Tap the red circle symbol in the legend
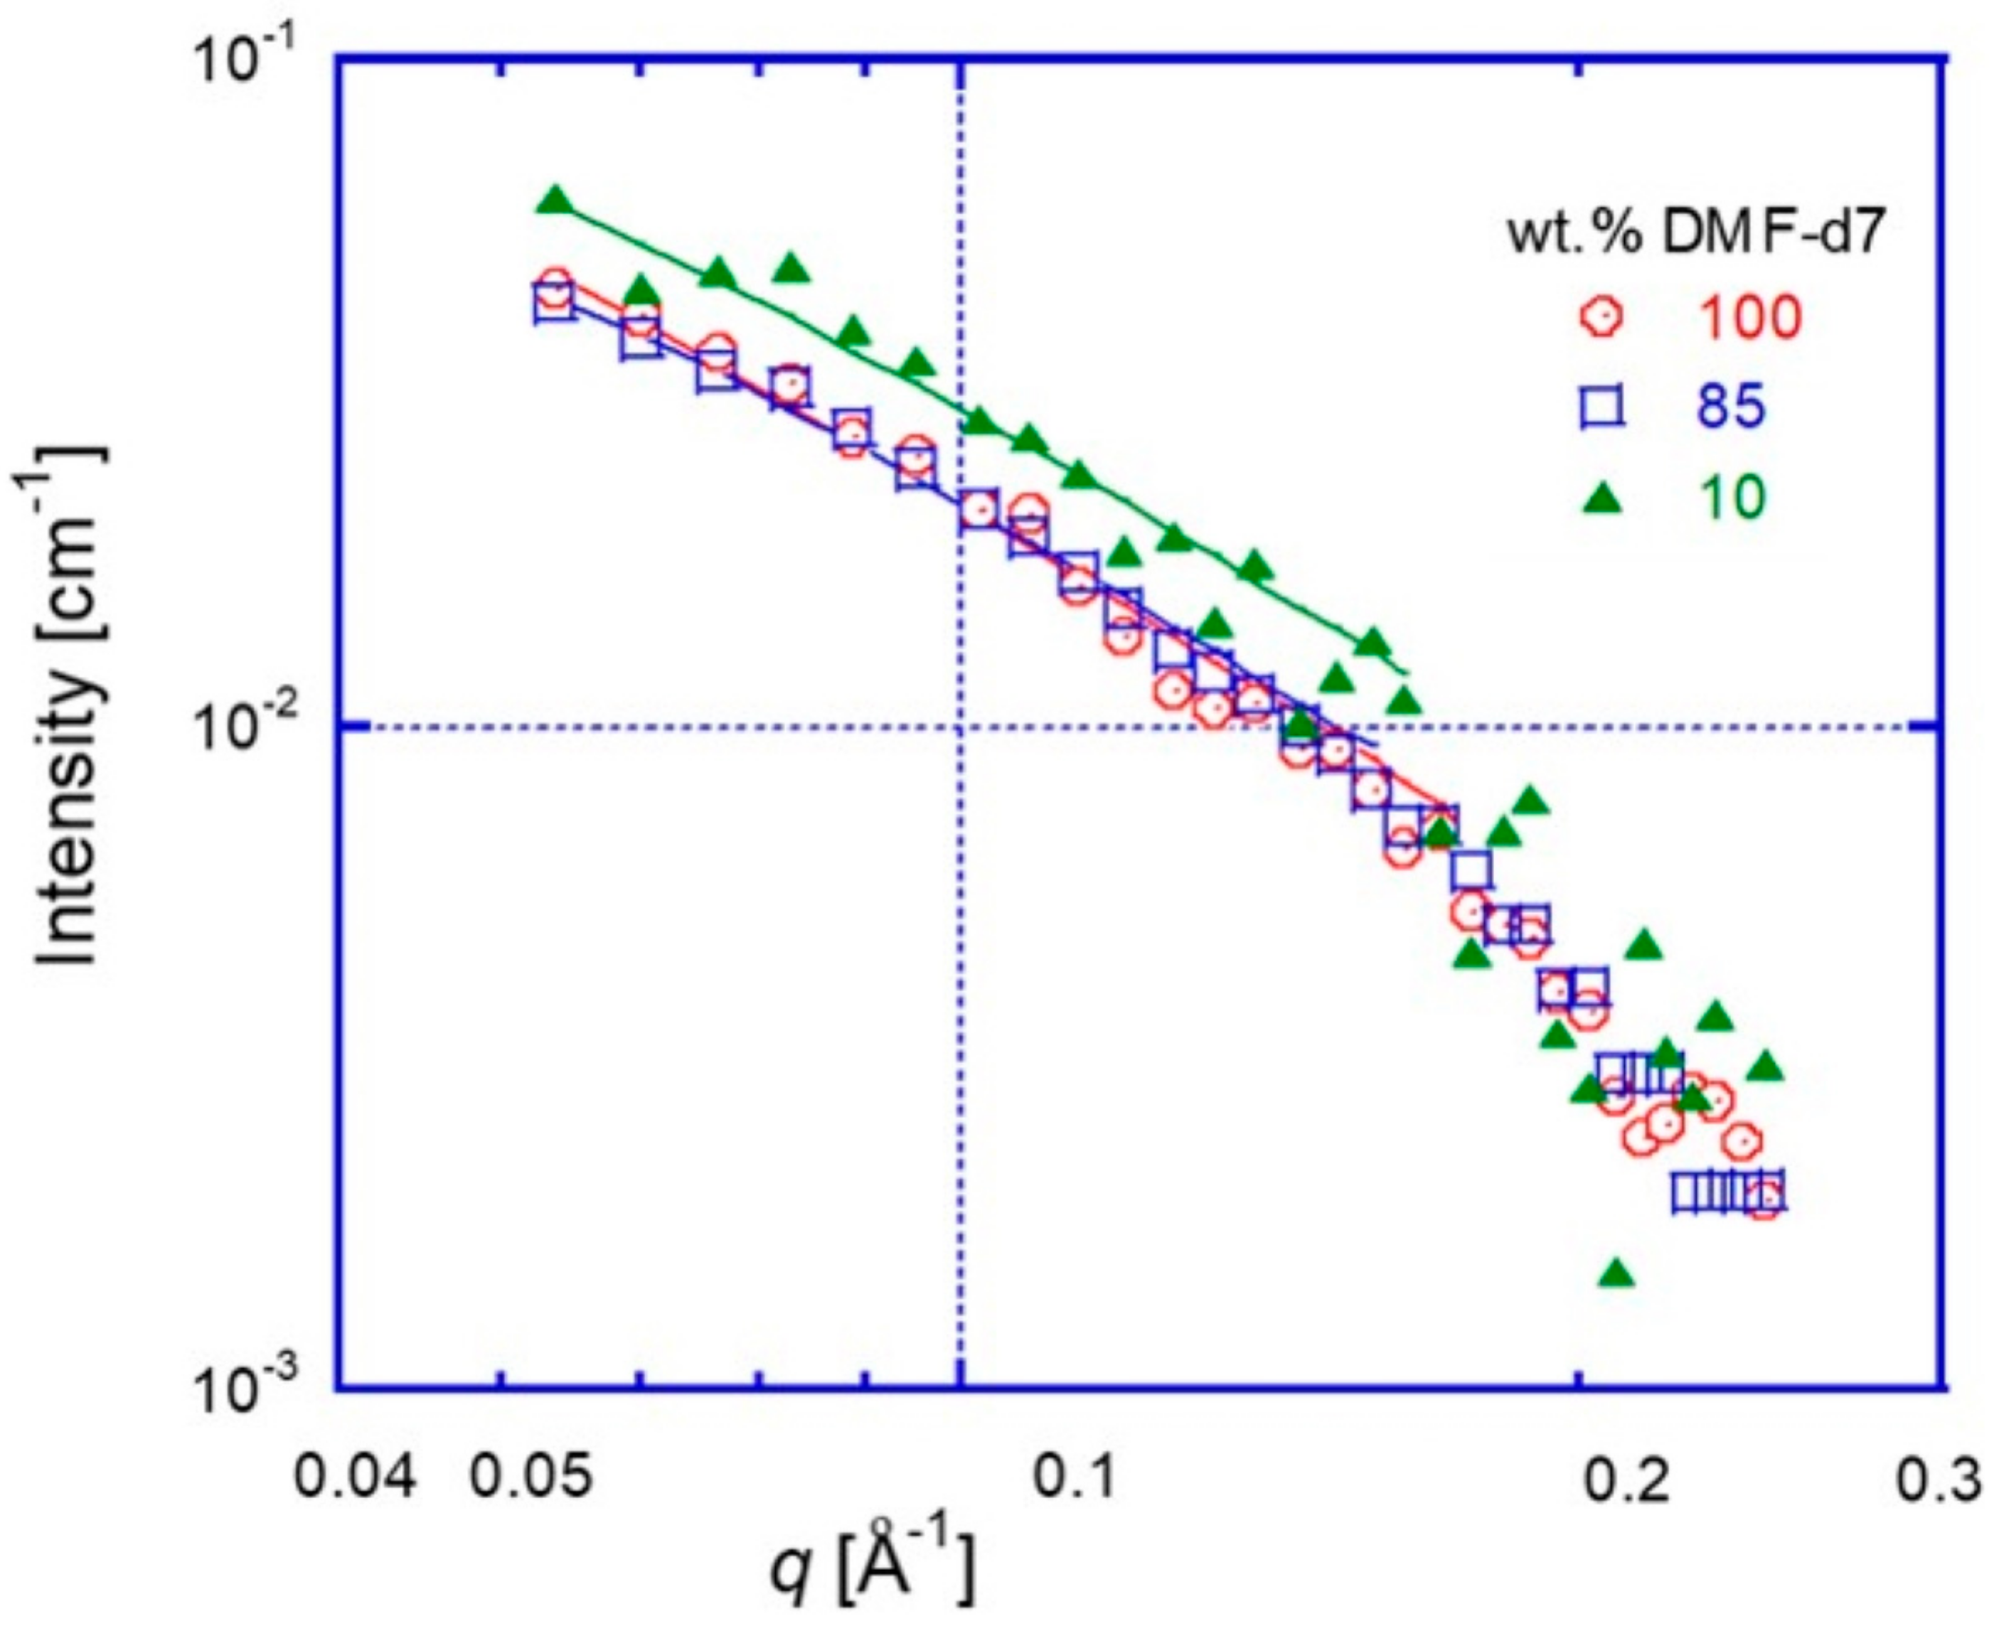(x=1599, y=316)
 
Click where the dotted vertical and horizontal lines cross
(x=960, y=727)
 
